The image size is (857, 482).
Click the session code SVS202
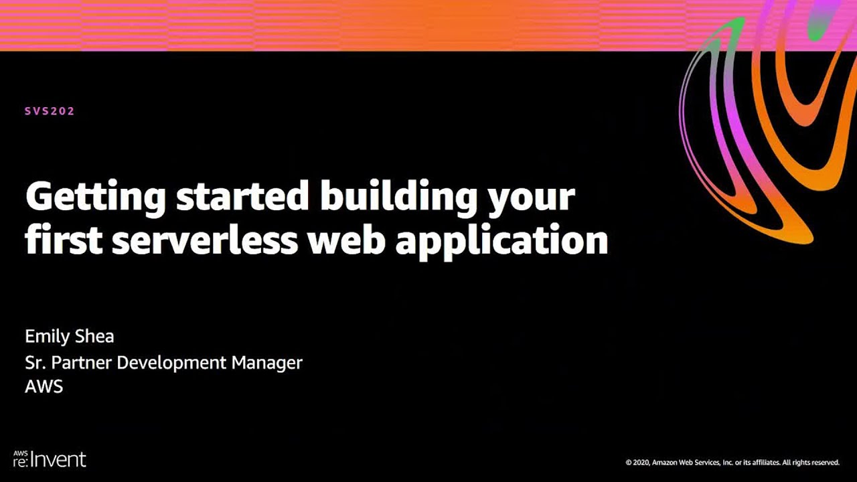(50, 111)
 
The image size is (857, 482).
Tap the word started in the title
(242, 197)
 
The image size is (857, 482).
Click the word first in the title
(63, 240)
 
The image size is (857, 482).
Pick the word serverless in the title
(204, 240)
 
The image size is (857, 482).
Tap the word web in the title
(346, 240)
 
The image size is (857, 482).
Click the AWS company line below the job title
(44, 387)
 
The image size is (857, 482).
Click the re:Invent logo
(50, 459)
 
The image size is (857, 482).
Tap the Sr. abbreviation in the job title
(34, 363)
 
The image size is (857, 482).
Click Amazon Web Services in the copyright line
(684, 463)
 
